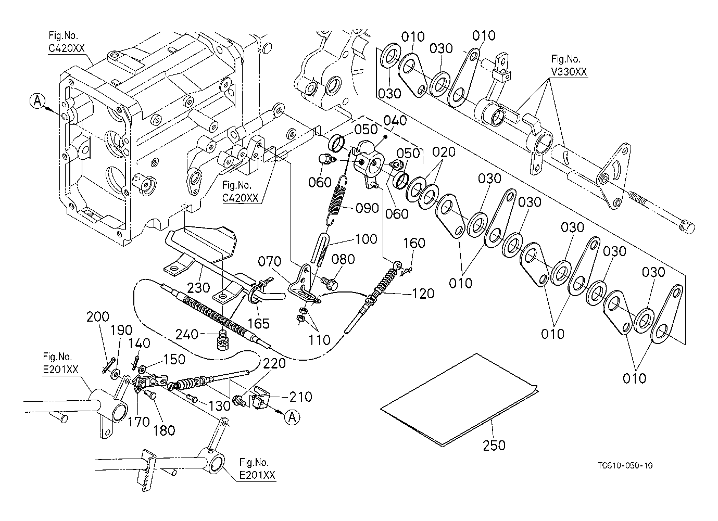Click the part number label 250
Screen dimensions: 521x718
tap(494, 445)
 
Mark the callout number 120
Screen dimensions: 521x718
tap(422, 294)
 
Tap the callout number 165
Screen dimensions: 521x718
tap(258, 323)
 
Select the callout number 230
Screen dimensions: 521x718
tap(199, 287)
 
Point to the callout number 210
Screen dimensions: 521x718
tap(301, 397)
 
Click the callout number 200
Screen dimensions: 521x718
tap(97, 317)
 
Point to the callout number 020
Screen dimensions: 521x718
tap(444, 152)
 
